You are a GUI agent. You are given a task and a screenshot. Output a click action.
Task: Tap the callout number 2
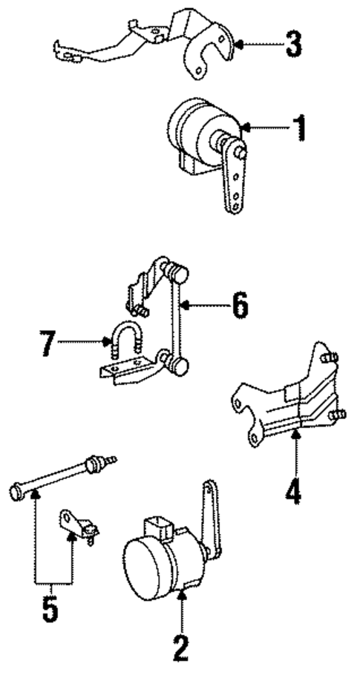[181, 647]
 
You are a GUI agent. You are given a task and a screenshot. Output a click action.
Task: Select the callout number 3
[294, 45]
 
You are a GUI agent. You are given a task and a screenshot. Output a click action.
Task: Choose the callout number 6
[239, 306]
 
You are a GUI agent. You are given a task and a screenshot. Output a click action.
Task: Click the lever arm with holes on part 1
[235, 178]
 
